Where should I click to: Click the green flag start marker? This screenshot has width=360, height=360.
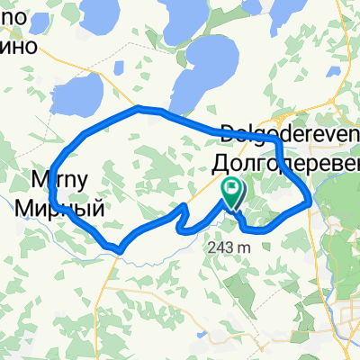(x=232, y=191)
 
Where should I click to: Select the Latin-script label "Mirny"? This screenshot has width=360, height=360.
(x=61, y=178)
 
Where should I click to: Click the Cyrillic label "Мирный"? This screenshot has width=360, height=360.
(x=59, y=208)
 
